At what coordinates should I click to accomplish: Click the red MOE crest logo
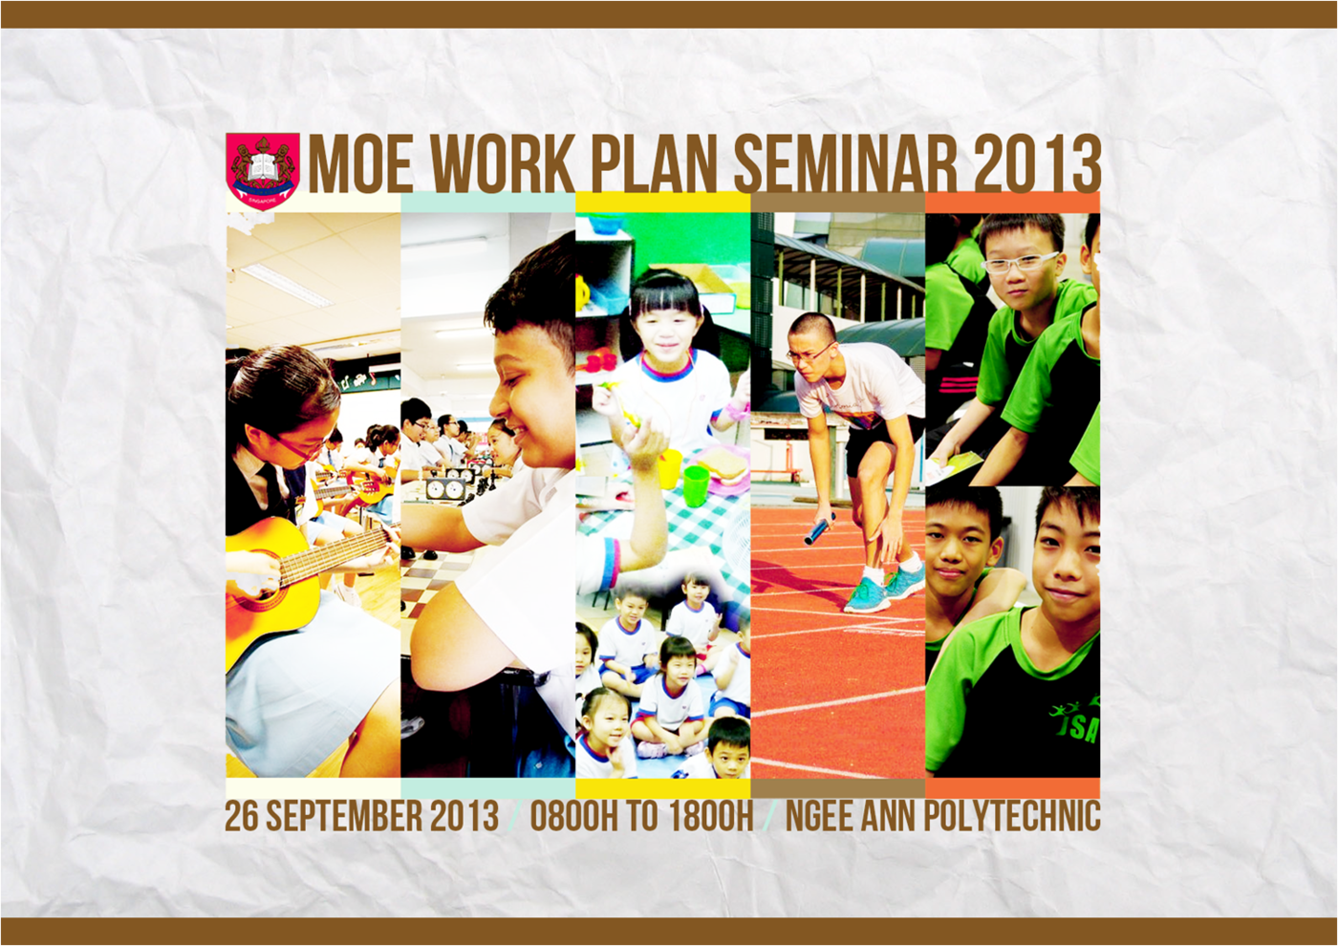coord(263,168)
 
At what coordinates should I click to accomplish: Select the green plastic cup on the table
coord(696,484)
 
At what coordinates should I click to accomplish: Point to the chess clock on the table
coord(445,489)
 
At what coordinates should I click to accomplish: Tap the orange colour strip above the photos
coord(1012,203)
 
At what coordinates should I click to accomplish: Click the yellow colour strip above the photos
coord(662,203)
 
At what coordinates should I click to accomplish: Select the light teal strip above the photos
coord(487,203)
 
